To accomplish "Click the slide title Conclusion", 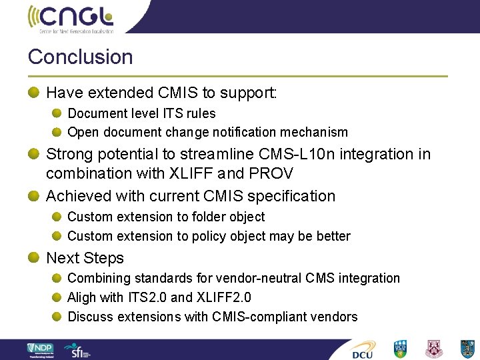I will [80, 57].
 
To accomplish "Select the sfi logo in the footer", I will [77, 349].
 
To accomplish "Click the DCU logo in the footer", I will [364, 349].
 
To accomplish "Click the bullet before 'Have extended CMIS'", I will [33, 93].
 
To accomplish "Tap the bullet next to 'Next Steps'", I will [33, 257].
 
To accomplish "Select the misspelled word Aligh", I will [84, 297].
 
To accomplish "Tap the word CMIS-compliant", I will [260, 317].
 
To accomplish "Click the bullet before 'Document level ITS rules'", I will [57, 113].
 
